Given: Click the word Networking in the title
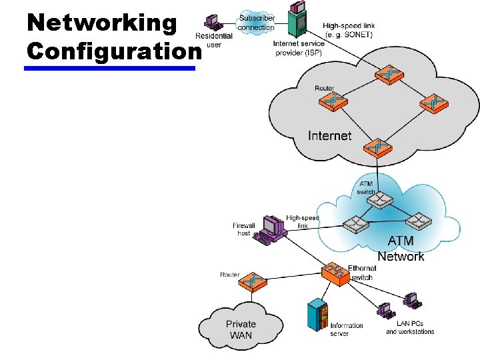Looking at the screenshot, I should (101, 22).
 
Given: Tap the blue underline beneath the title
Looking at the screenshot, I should (110, 67).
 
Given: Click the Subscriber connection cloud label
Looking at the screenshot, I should (256, 23).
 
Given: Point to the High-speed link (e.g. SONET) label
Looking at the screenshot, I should (349, 30).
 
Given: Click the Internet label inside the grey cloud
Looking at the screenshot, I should (329, 135).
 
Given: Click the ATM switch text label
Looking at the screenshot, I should (366, 187).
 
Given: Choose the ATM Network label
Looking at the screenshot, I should (401, 249).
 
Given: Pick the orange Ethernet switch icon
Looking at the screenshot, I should (335, 273).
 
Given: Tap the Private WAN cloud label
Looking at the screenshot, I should (241, 329).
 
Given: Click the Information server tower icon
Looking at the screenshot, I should (317, 317).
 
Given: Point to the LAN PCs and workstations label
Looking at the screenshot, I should (410, 327).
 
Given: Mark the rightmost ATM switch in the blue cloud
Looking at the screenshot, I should (418, 221).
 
